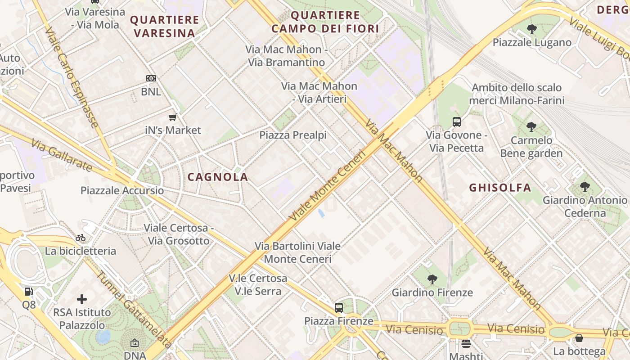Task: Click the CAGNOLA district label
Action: point(218,177)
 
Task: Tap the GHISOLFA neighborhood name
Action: point(500,188)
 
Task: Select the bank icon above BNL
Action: point(151,78)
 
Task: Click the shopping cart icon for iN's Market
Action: point(172,117)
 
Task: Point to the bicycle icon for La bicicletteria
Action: point(81,238)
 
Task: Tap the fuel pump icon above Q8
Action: point(29,292)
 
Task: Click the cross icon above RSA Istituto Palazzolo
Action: point(82,299)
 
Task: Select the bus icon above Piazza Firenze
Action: point(339,308)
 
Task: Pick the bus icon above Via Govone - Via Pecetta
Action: point(456,121)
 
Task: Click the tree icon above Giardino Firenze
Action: point(432,279)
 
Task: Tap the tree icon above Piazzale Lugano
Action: point(532,30)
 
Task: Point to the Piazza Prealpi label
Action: point(293,135)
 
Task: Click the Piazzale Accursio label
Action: point(122,190)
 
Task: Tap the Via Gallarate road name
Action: point(62,155)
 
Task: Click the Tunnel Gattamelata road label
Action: point(134,310)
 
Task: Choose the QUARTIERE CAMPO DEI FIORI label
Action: point(325,22)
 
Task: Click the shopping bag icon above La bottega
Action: point(579,338)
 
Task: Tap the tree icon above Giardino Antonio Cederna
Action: point(585,187)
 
